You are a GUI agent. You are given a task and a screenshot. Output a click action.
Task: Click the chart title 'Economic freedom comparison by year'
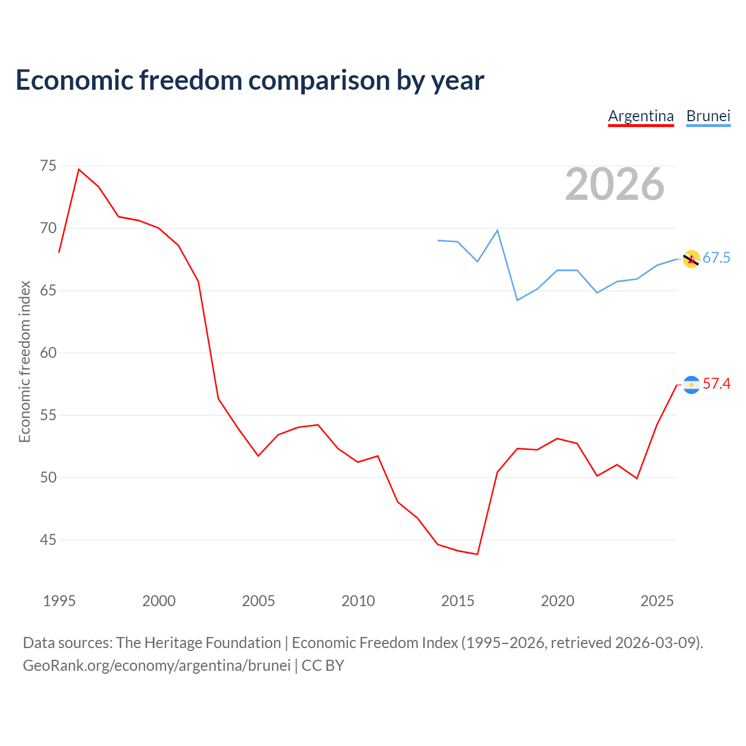click(249, 80)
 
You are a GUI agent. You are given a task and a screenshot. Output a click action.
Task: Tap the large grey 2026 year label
click(615, 184)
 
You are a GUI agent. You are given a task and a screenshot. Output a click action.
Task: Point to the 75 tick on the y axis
click(48, 166)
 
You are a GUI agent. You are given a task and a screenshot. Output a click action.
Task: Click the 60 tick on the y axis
click(48, 353)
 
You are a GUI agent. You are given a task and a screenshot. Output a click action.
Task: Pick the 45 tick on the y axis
click(48, 540)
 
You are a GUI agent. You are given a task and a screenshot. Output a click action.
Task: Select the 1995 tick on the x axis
click(59, 601)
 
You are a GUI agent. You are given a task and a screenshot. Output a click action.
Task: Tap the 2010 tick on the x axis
click(358, 601)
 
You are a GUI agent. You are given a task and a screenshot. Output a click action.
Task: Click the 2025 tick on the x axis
click(657, 601)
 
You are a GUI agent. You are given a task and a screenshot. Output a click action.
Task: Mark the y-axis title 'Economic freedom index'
click(24, 361)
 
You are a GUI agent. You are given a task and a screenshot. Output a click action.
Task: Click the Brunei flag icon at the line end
click(691, 259)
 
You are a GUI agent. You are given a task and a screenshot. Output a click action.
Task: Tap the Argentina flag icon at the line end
click(691, 385)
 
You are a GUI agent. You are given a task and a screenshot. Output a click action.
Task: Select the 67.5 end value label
click(716, 258)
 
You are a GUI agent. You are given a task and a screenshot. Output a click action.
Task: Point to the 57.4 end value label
click(716, 383)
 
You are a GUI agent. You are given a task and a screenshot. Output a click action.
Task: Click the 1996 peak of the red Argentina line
click(79, 169)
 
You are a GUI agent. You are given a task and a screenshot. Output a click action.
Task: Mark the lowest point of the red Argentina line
click(477, 554)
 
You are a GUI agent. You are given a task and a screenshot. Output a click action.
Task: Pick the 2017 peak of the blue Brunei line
click(497, 230)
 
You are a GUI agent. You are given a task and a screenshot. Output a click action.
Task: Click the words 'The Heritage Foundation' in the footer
click(199, 643)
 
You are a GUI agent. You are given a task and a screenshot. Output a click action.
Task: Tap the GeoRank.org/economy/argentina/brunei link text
click(157, 666)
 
